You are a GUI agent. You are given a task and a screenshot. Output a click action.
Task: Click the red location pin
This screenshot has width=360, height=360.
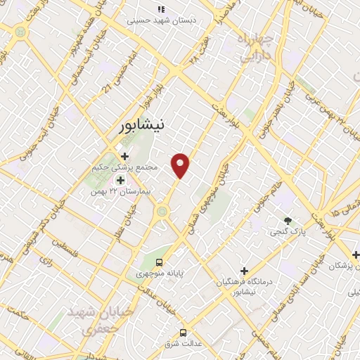click(181, 165)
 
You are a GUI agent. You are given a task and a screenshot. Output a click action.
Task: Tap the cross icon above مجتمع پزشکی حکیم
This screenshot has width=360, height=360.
click(124, 156)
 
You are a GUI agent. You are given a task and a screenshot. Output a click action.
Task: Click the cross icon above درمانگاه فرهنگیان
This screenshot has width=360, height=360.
click(244, 271)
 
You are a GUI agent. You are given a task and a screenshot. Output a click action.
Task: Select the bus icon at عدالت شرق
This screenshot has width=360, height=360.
click(184, 333)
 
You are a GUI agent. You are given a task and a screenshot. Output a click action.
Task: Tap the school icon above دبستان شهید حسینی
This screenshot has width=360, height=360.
click(161, 9)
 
